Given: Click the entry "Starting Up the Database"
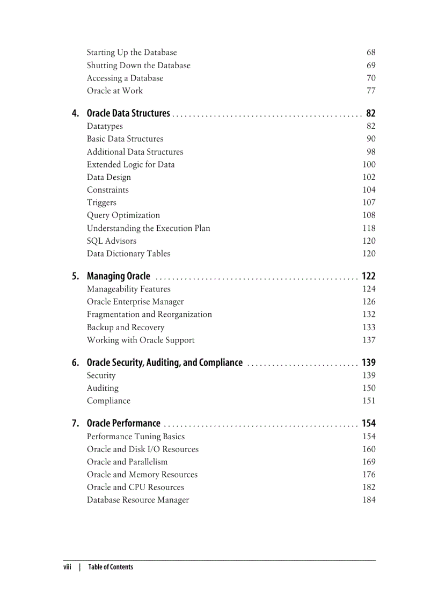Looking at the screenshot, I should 132,53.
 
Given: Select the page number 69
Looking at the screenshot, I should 371,66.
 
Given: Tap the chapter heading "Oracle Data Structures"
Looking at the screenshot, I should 128,113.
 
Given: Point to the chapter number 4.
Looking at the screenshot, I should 76,113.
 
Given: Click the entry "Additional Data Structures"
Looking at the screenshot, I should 135,152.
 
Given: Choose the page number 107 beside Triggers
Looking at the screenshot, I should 369,202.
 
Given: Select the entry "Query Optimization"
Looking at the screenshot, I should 123,215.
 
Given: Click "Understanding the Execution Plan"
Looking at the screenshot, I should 149,228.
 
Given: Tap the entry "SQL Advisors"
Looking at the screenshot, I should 112,241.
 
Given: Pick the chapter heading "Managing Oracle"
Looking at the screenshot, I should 119,277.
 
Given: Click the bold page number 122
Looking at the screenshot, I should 369,277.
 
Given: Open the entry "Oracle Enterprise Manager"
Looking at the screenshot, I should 135,302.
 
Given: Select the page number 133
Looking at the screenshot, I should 369,328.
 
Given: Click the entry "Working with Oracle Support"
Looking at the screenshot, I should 141,340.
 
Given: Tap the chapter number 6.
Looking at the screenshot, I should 76,363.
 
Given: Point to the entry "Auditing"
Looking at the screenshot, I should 103,388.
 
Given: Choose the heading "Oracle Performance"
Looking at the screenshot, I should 123,424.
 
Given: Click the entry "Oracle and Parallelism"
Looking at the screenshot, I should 127,462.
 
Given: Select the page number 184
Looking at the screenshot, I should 369,500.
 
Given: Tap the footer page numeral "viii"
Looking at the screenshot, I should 67,567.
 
